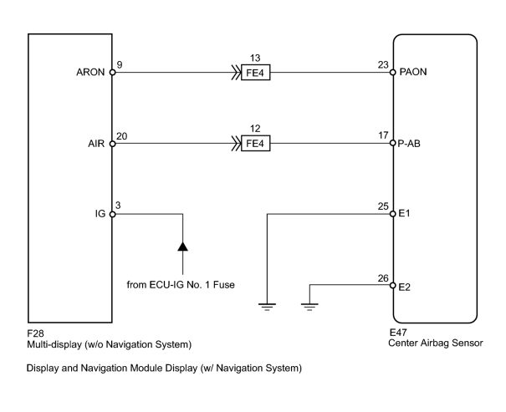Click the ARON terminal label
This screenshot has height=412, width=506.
90,72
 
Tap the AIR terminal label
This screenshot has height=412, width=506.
96,144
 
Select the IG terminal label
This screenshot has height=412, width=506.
100,214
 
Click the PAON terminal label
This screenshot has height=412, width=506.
413,72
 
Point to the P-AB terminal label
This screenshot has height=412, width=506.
409,144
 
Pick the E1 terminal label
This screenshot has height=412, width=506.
404,213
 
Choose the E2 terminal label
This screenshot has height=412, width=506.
404,287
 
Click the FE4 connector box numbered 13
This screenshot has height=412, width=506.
256,73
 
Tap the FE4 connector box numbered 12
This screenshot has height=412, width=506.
256,144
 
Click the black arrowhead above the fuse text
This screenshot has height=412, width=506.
182,247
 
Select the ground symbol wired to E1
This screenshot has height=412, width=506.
267,307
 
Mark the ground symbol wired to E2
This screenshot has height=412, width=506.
309,307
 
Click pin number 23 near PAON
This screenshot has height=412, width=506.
383,65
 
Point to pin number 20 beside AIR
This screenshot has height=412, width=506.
121,136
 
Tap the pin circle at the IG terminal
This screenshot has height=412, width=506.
112,214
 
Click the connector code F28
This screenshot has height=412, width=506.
35,333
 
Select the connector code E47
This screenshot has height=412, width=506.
398,333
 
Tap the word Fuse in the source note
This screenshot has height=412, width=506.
223,285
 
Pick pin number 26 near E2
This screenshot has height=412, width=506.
383,278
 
